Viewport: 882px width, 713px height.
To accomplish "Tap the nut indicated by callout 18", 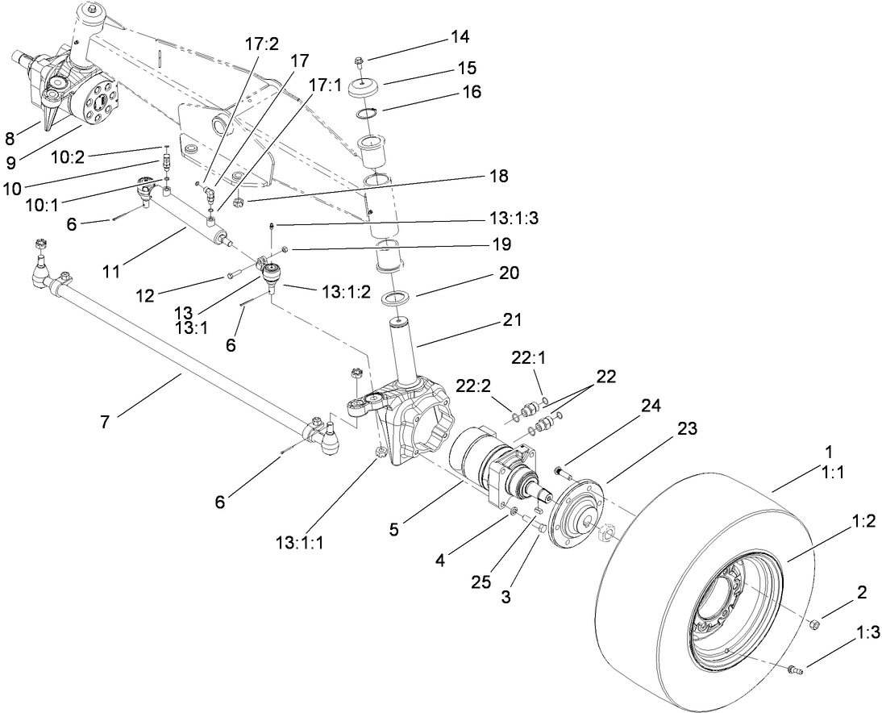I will (x=239, y=202).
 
